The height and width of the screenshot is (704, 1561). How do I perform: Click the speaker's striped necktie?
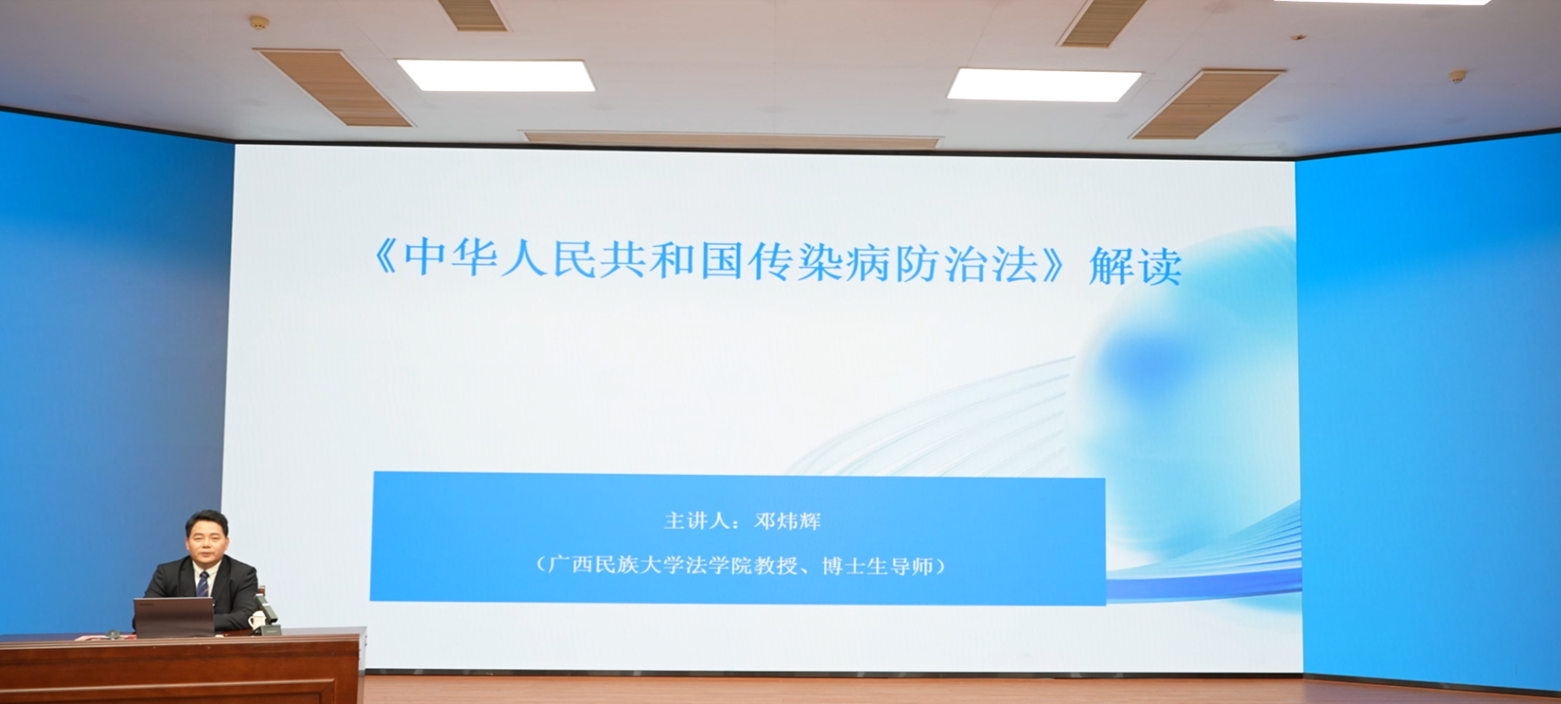[x=203, y=583]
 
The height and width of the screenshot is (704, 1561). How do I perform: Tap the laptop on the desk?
[x=174, y=617]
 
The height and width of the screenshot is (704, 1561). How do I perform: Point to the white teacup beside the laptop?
[x=256, y=620]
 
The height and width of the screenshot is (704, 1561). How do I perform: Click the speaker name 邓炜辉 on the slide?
[x=787, y=521]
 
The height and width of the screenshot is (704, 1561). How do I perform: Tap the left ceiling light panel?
[x=496, y=76]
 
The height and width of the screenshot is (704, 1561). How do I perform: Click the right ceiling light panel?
[x=1044, y=85]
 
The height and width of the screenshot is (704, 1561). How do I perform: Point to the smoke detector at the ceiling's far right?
[x=1458, y=76]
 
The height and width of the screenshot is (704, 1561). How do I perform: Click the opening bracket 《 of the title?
[x=385, y=258]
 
